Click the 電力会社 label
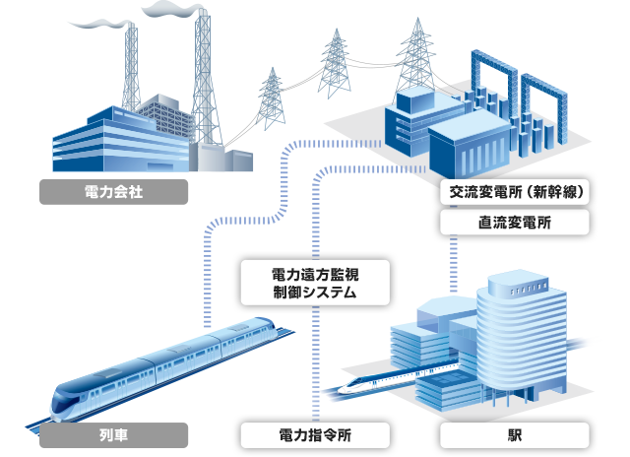point(114,191)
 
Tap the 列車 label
point(114,434)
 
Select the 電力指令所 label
point(316,434)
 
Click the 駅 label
point(515,434)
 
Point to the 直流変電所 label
point(515,223)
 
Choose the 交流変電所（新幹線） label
point(515,192)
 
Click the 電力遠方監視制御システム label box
point(316,283)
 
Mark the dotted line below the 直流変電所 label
point(456,261)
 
